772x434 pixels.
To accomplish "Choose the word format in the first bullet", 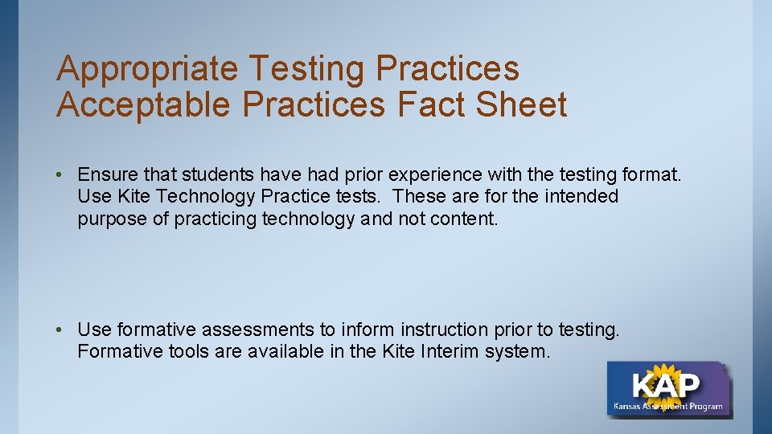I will [x=651, y=174].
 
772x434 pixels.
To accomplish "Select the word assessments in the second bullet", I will [x=258, y=330].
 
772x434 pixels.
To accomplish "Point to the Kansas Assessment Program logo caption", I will [x=667, y=406].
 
